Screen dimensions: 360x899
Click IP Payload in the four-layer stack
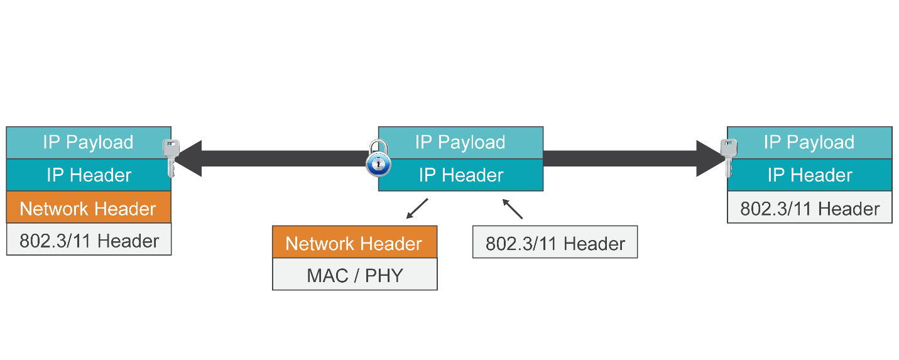tap(88, 143)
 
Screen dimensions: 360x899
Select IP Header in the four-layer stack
tap(88, 175)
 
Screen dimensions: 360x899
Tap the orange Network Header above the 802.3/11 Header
tap(88, 208)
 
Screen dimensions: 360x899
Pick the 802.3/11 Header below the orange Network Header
tap(88, 241)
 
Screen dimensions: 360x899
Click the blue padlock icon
tap(378, 160)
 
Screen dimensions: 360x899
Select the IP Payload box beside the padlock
tap(460, 143)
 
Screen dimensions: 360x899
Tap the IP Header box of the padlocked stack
tap(460, 175)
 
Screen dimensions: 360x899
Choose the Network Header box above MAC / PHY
tap(354, 243)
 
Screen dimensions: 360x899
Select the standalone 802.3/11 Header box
tap(555, 243)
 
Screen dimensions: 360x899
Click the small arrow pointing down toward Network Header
tap(417, 209)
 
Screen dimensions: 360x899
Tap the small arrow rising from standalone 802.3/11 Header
tap(513, 209)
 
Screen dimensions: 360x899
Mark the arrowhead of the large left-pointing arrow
tap(188, 158)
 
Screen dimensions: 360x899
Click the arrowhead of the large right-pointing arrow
tap(710, 158)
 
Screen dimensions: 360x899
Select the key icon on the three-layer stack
tap(729, 157)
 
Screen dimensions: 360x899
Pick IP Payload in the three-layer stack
tap(809, 143)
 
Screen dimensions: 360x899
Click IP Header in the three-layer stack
tap(809, 175)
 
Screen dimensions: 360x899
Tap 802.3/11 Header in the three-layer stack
tap(809, 208)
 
